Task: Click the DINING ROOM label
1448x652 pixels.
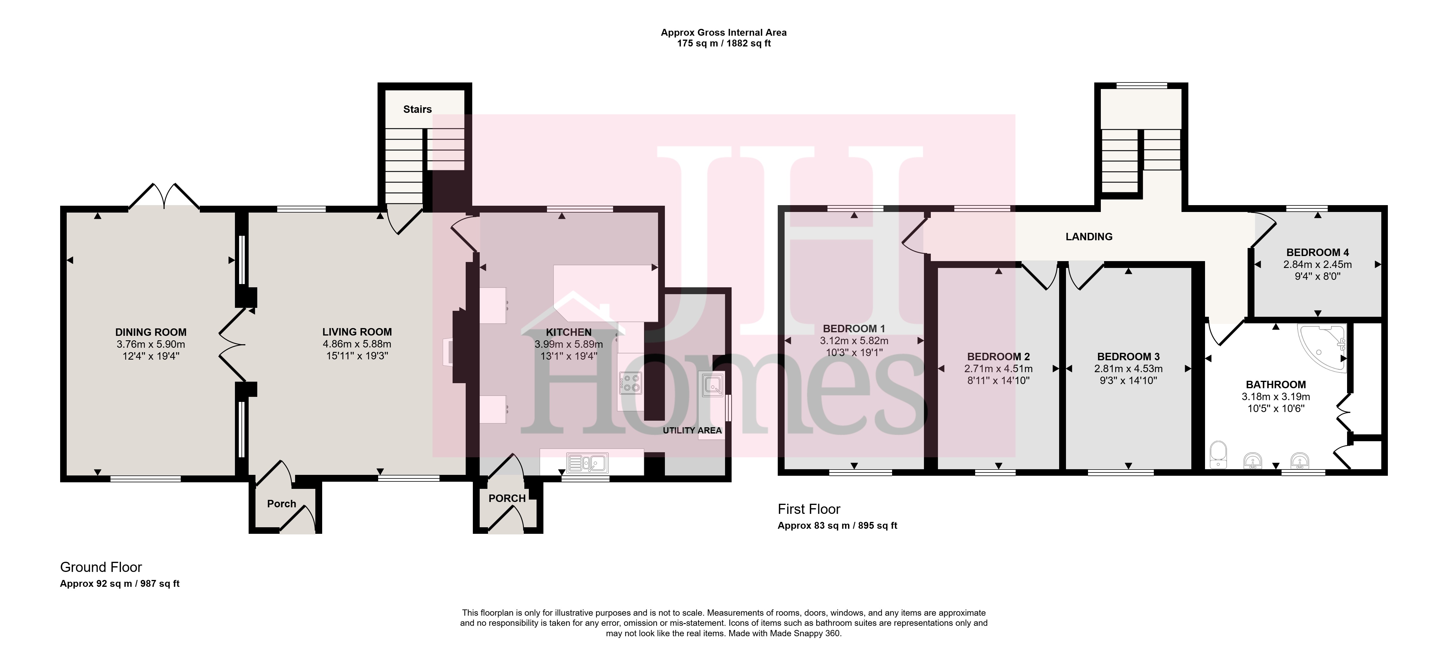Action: click(x=151, y=332)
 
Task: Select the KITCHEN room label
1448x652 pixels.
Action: click(x=569, y=332)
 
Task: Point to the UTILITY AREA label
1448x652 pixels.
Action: click(x=692, y=430)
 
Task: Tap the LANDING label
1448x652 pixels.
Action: click(x=1089, y=237)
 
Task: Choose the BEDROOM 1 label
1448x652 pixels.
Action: click(x=854, y=328)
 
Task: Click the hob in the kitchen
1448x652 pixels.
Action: click(x=630, y=383)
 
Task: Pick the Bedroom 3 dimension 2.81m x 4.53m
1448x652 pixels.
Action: click(x=1128, y=369)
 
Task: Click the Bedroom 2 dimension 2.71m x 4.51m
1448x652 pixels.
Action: click(x=998, y=369)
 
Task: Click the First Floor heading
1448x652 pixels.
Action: click(x=809, y=509)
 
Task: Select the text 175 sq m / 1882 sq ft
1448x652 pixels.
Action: click(x=724, y=43)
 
